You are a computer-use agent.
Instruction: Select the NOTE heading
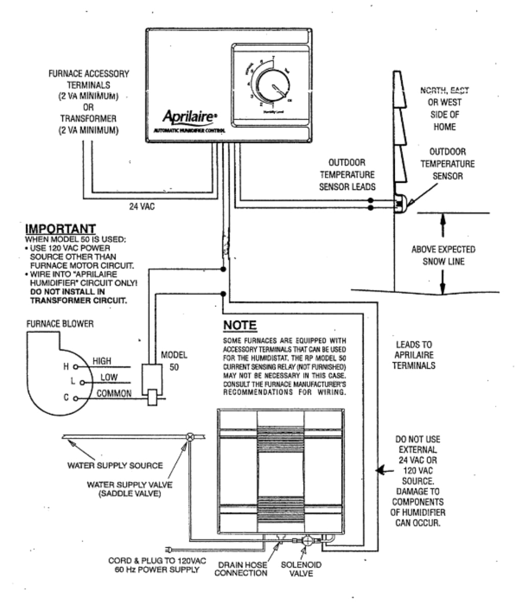click(x=240, y=326)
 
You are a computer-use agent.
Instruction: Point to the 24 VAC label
click(x=141, y=207)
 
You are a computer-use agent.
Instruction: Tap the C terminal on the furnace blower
click(x=75, y=398)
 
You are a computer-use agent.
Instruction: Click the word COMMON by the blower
click(x=114, y=393)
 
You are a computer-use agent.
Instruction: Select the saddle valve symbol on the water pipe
click(x=190, y=437)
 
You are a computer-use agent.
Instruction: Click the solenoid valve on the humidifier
click(x=308, y=541)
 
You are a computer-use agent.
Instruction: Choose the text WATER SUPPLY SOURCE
click(x=115, y=465)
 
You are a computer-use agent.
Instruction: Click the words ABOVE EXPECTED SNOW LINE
click(x=443, y=255)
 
